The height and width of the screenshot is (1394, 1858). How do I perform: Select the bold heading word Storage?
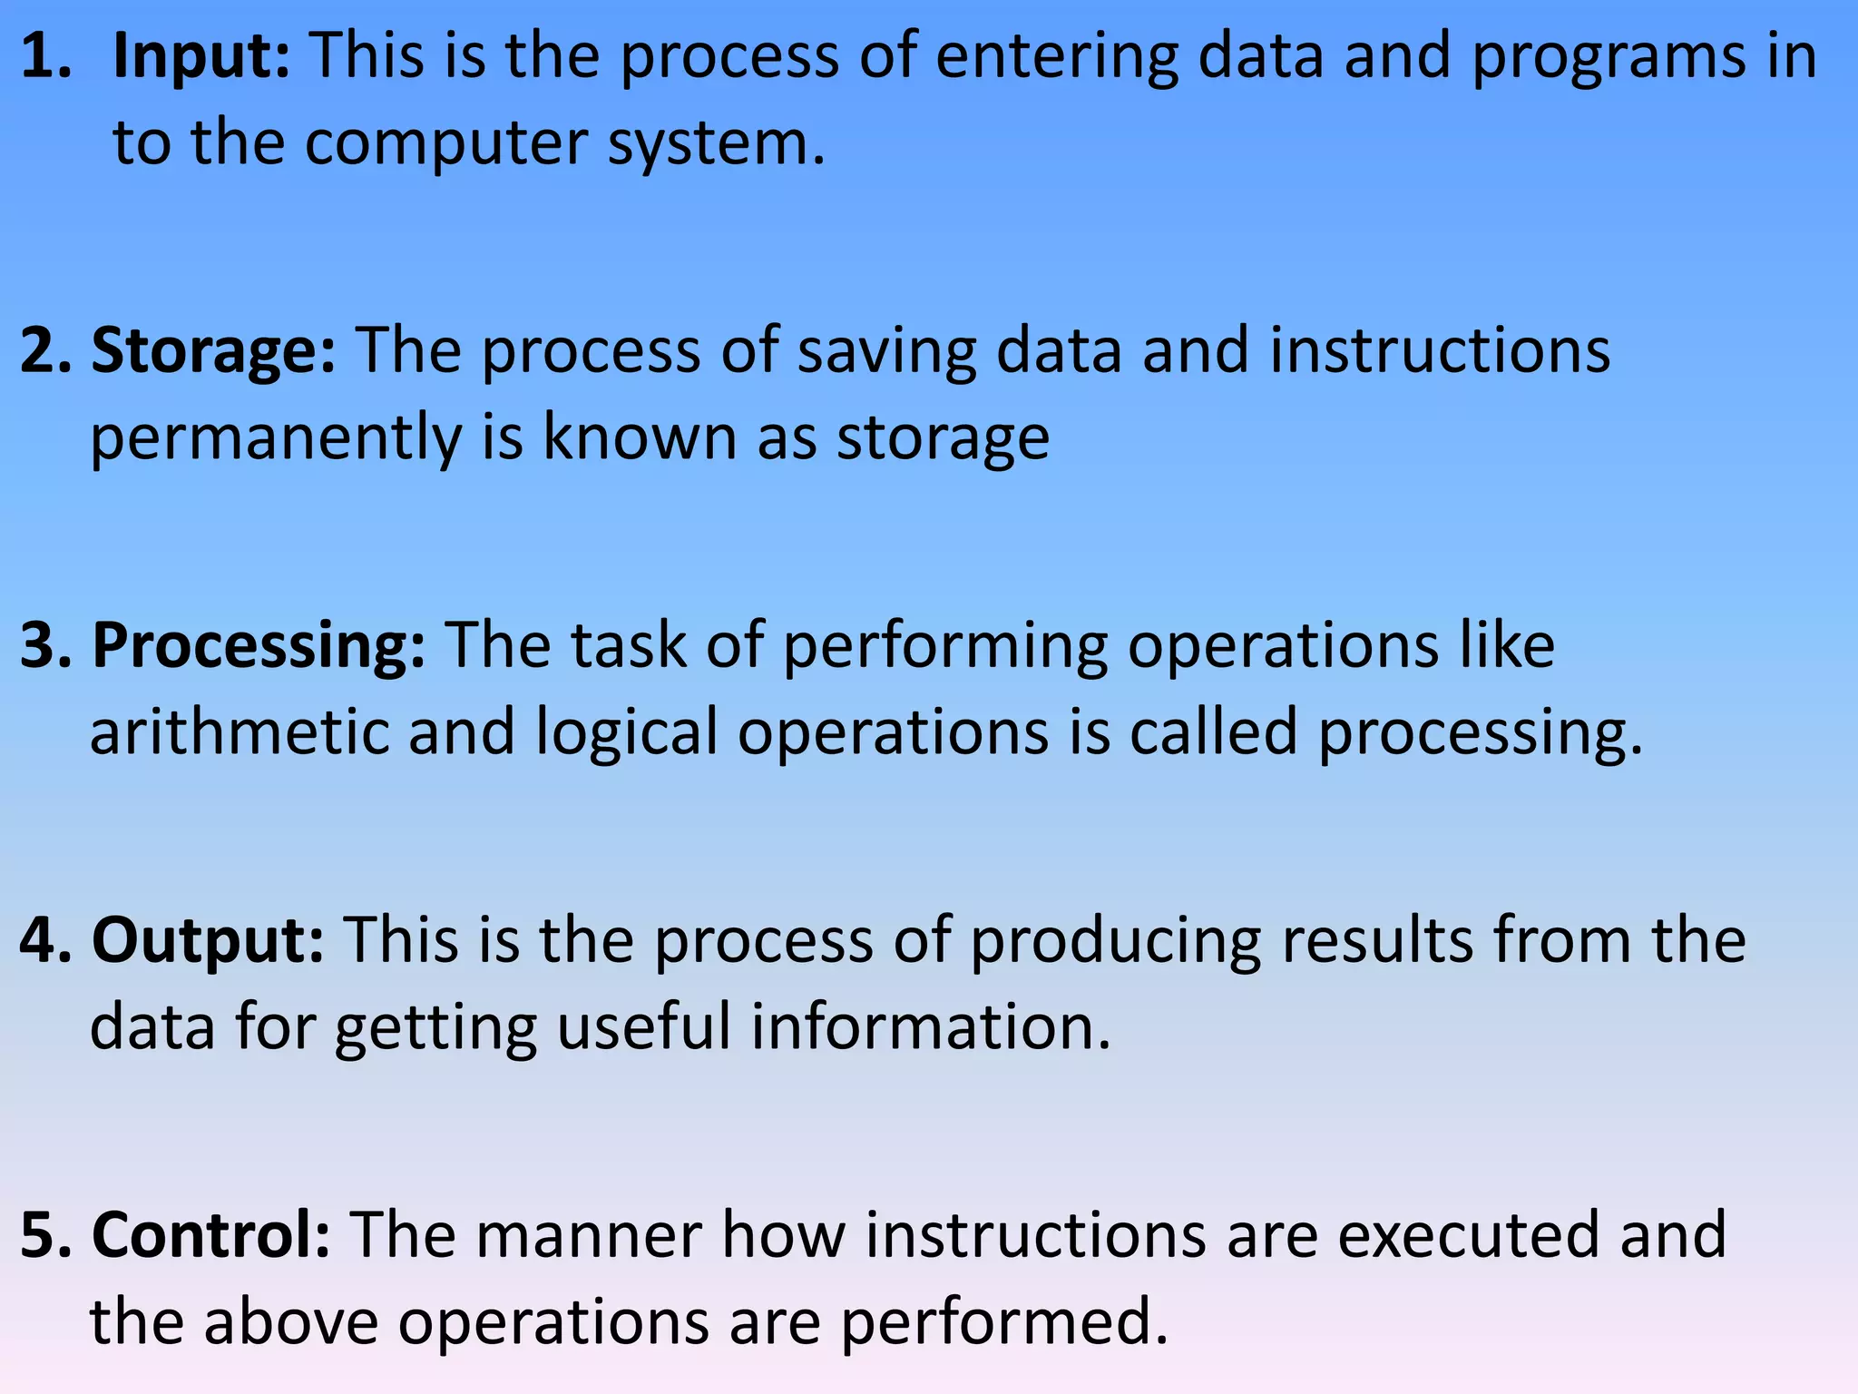(213, 352)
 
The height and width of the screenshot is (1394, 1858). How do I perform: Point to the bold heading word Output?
(208, 941)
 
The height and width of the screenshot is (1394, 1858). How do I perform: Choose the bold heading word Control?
(211, 1236)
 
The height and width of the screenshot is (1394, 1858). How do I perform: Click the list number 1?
(45, 58)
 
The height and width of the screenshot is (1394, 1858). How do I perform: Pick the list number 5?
(45, 1236)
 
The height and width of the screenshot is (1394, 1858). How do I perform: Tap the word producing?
(1115, 941)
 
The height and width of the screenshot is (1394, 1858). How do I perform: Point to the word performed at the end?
(1002, 1323)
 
